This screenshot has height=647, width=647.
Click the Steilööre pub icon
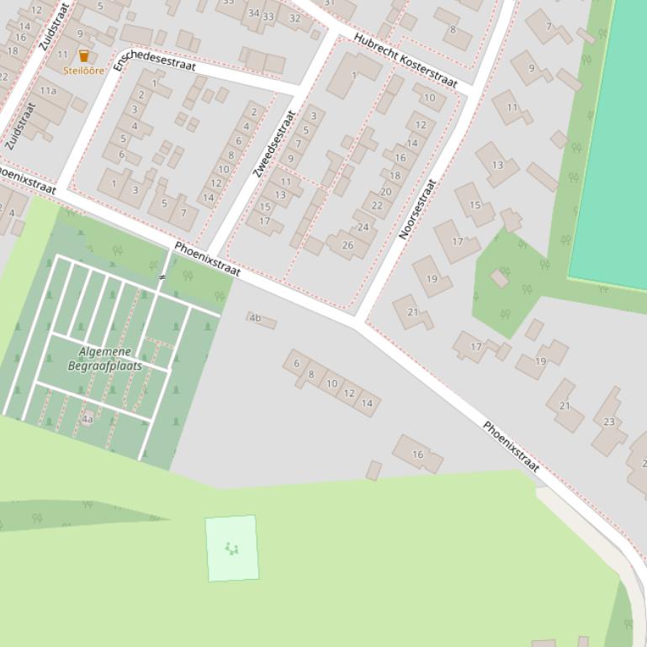(83, 56)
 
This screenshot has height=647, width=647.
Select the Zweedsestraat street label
(274, 144)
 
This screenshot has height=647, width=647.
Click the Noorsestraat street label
(417, 209)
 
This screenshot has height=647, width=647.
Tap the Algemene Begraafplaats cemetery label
(105, 359)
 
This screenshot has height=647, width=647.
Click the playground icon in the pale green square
(231, 549)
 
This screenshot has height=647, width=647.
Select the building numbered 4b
(256, 318)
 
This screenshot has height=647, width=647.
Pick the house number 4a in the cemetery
(88, 418)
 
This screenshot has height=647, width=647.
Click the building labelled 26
(347, 245)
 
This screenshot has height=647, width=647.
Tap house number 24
(363, 227)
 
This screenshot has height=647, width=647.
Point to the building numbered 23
(609, 422)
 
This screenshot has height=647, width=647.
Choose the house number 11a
(48, 91)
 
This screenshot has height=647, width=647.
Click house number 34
(253, 13)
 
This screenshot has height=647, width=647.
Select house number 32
(294, 18)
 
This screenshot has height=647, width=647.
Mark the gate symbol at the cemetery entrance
(162, 276)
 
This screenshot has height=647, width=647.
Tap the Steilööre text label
(83, 71)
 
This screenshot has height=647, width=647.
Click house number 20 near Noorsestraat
(385, 192)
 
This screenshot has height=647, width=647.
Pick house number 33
(268, 16)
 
